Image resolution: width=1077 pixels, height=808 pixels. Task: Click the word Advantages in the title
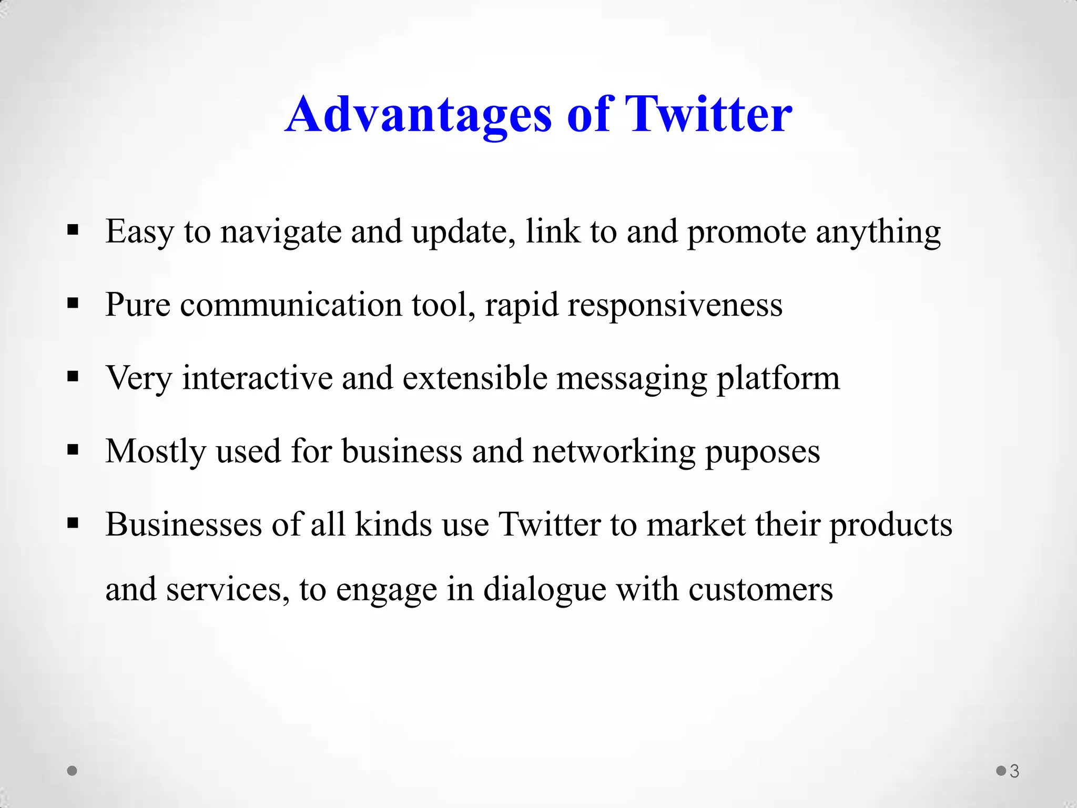pyautogui.click(x=419, y=115)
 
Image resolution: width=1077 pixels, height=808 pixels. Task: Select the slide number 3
pyautogui.click(x=1014, y=771)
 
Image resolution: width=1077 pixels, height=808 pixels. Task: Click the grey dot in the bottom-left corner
pyautogui.click(x=73, y=771)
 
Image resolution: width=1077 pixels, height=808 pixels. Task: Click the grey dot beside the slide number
pyautogui.click(x=1001, y=771)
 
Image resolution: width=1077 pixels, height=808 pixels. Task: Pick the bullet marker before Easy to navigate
pyautogui.click(x=73, y=230)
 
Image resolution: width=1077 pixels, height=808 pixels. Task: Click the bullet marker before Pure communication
pyautogui.click(x=73, y=304)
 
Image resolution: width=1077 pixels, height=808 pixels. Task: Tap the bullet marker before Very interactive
pyautogui.click(x=73, y=377)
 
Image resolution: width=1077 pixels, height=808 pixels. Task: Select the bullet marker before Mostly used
pyautogui.click(x=73, y=450)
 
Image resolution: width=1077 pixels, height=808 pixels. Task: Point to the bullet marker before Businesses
pyautogui.click(x=73, y=523)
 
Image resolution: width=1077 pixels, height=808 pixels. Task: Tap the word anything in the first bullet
pyautogui.click(x=878, y=233)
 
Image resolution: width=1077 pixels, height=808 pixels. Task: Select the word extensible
pyautogui.click(x=474, y=378)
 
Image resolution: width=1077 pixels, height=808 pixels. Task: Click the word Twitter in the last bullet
pyautogui.click(x=549, y=524)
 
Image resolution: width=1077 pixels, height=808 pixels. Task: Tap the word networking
pyautogui.click(x=614, y=452)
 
